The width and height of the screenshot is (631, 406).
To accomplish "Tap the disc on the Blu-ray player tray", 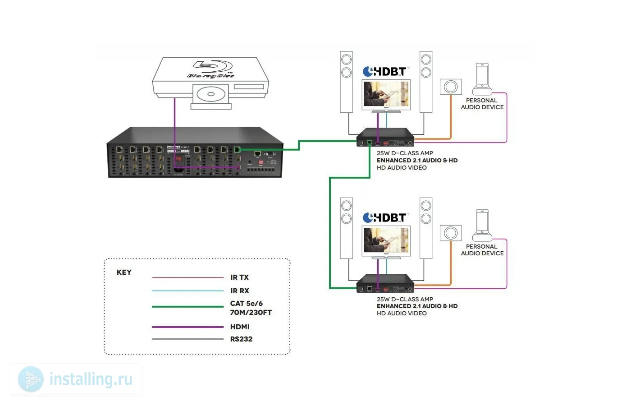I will (x=211, y=95).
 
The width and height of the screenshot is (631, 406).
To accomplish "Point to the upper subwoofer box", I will (x=451, y=87).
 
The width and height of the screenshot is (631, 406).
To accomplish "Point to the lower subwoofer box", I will (x=451, y=233).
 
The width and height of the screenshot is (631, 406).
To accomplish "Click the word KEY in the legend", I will (x=124, y=272).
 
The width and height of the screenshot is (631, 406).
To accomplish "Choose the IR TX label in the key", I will (x=239, y=277).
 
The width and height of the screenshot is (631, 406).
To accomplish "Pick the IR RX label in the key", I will (x=240, y=291).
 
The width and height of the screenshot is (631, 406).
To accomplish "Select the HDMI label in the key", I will (x=240, y=327).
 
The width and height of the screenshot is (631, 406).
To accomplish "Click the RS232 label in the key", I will (x=241, y=339).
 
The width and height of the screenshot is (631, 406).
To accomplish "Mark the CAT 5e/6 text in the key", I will (x=247, y=304).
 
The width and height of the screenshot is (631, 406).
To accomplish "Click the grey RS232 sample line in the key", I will (x=188, y=339).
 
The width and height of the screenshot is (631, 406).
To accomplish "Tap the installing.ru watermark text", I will (x=91, y=379).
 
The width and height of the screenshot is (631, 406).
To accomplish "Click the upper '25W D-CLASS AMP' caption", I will (x=405, y=153).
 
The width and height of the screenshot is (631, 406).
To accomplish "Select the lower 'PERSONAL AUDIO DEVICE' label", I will (x=482, y=250).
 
